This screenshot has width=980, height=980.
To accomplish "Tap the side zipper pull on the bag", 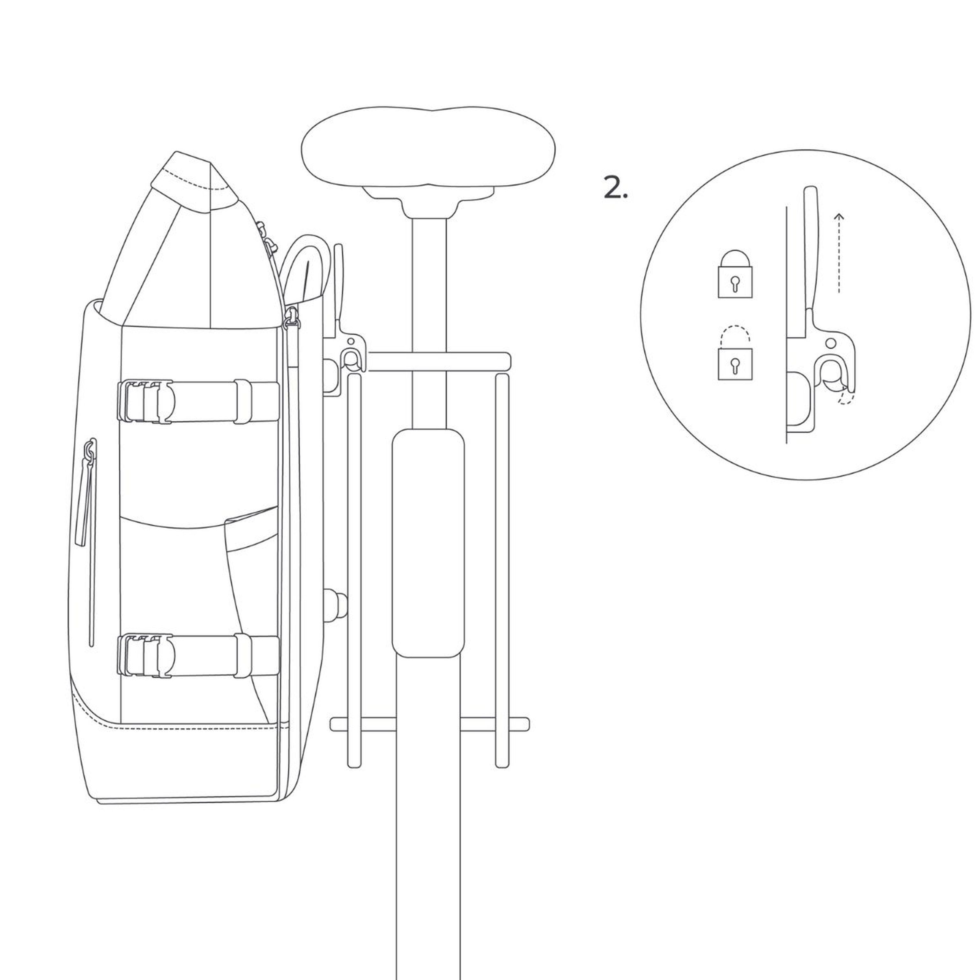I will coord(89,451).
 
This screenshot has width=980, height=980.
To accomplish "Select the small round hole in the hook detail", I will coord(830,343).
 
